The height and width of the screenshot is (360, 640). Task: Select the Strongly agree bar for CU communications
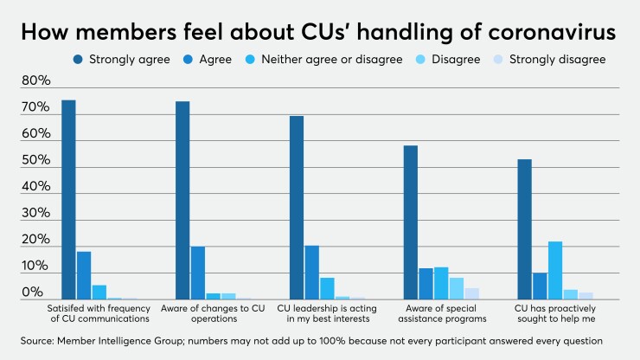(68, 200)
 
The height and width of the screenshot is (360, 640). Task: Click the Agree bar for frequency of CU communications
(84, 275)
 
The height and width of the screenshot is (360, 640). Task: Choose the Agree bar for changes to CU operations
(198, 273)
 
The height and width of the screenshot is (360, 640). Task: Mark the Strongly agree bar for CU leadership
(297, 208)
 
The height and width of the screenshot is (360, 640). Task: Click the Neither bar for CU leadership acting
(327, 288)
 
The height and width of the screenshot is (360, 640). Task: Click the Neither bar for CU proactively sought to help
(555, 270)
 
